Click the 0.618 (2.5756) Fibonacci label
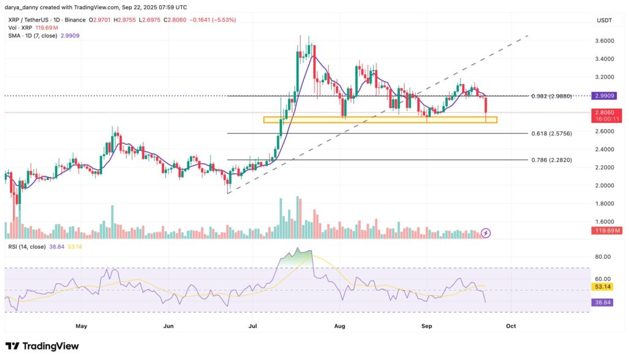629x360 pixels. pos(552,133)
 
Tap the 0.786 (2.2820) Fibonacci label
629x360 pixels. pos(552,160)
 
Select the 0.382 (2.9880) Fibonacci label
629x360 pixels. pos(552,96)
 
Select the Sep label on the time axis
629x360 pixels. pos(427,326)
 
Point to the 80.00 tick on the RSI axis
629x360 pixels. pos(602,257)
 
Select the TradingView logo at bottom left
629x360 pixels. pos(42,346)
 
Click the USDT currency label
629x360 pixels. pos(604,20)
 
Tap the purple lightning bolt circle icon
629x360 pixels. pos(486,233)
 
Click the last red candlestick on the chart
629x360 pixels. pos(486,106)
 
